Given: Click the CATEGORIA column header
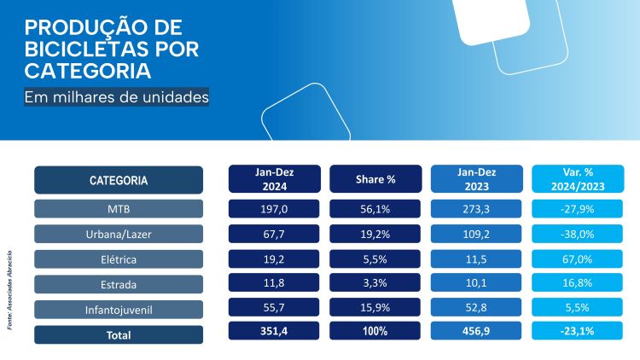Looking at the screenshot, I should (119, 180).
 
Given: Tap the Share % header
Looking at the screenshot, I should (375, 179).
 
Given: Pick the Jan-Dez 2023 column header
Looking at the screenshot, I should (476, 179).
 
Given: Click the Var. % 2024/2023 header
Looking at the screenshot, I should (577, 179).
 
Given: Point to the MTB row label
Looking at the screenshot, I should (119, 209).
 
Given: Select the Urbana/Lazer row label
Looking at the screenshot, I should (119, 234).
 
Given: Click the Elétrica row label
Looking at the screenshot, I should (119, 258).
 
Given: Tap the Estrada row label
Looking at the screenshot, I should (119, 284).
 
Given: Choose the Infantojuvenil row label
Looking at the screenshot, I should (119, 309).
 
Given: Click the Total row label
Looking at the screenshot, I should (119, 334).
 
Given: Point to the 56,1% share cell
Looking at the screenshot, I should (375, 209).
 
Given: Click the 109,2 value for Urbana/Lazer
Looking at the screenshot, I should (476, 234).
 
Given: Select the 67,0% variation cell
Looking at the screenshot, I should (577, 258).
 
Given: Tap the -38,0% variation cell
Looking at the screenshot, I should (577, 234).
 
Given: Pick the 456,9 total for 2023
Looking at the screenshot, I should (476, 334).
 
